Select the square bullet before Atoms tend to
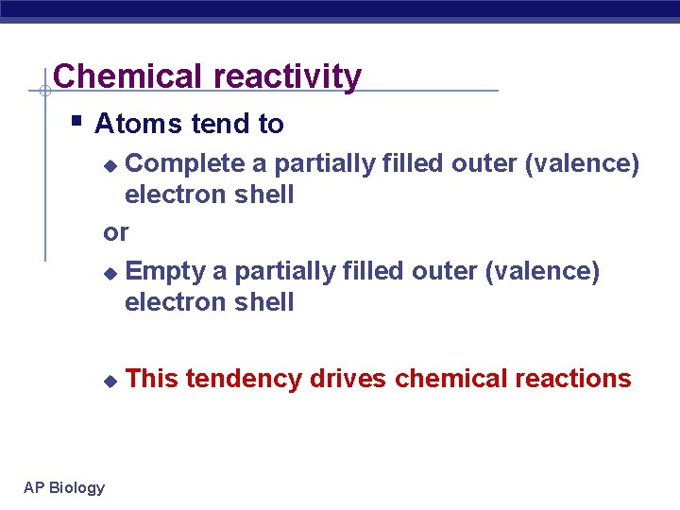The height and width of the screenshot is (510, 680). tap(77, 122)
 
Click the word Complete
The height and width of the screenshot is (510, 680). tap(185, 164)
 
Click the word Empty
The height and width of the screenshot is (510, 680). tap(165, 272)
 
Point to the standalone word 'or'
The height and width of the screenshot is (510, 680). tap(116, 232)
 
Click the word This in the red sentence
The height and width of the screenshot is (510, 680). tap(152, 379)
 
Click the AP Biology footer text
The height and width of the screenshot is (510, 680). tap(64, 487)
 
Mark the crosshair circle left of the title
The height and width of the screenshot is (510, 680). tap(44, 92)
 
